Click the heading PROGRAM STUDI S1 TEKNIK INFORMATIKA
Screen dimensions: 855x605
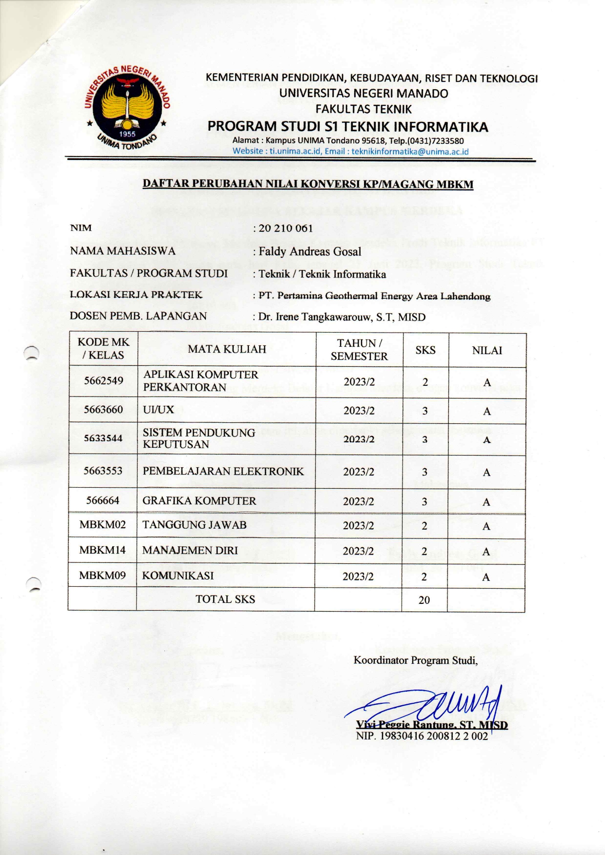pyautogui.click(x=347, y=127)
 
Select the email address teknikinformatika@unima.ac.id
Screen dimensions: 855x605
pyautogui.click(x=410, y=151)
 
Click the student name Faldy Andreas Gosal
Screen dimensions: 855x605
pyautogui.click(x=310, y=252)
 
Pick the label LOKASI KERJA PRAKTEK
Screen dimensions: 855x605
pyautogui.click(x=136, y=295)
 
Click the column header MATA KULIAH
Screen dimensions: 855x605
pyautogui.click(x=227, y=349)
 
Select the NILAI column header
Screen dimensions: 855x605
pyautogui.click(x=486, y=351)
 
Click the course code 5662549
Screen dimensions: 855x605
pyautogui.click(x=103, y=381)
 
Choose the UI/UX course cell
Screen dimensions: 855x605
pyautogui.click(x=158, y=410)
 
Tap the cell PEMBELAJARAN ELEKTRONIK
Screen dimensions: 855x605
pyautogui.click(x=223, y=472)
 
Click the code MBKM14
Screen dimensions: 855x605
pyautogui.click(x=102, y=550)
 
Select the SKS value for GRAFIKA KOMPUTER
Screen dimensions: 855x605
pyautogui.click(x=424, y=502)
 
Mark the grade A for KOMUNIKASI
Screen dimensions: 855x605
pyautogui.click(x=486, y=577)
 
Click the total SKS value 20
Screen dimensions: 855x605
pyautogui.click(x=424, y=600)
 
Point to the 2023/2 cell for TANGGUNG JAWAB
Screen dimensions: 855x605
pyautogui.click(x=358, y=526)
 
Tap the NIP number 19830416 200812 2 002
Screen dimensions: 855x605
pyautogui.click(x=422, y=736)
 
